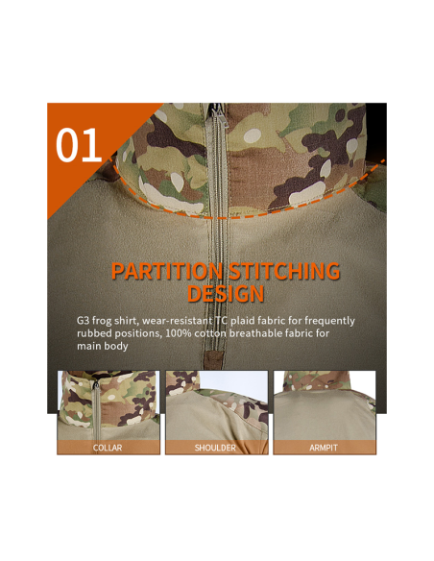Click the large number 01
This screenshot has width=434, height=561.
(x=79, y=145)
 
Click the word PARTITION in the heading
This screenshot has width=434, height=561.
(x=167, y=271)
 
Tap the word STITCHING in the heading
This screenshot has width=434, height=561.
(x=284, y=271)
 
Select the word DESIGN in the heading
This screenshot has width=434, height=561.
(x=226, y=294)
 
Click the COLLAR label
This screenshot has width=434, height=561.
(x=108, y=448)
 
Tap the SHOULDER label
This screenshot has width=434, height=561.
(x=215, y=448)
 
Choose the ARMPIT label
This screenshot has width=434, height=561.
(x=324, y=448)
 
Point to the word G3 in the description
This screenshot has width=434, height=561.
(x=83, y=320)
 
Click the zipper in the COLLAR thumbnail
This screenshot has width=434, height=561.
(x=96, y=409)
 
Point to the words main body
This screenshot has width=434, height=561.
(x=103, y=346)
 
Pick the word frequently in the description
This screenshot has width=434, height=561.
(x=329, y=321)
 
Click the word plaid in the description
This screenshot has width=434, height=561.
(x=242, y=321)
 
